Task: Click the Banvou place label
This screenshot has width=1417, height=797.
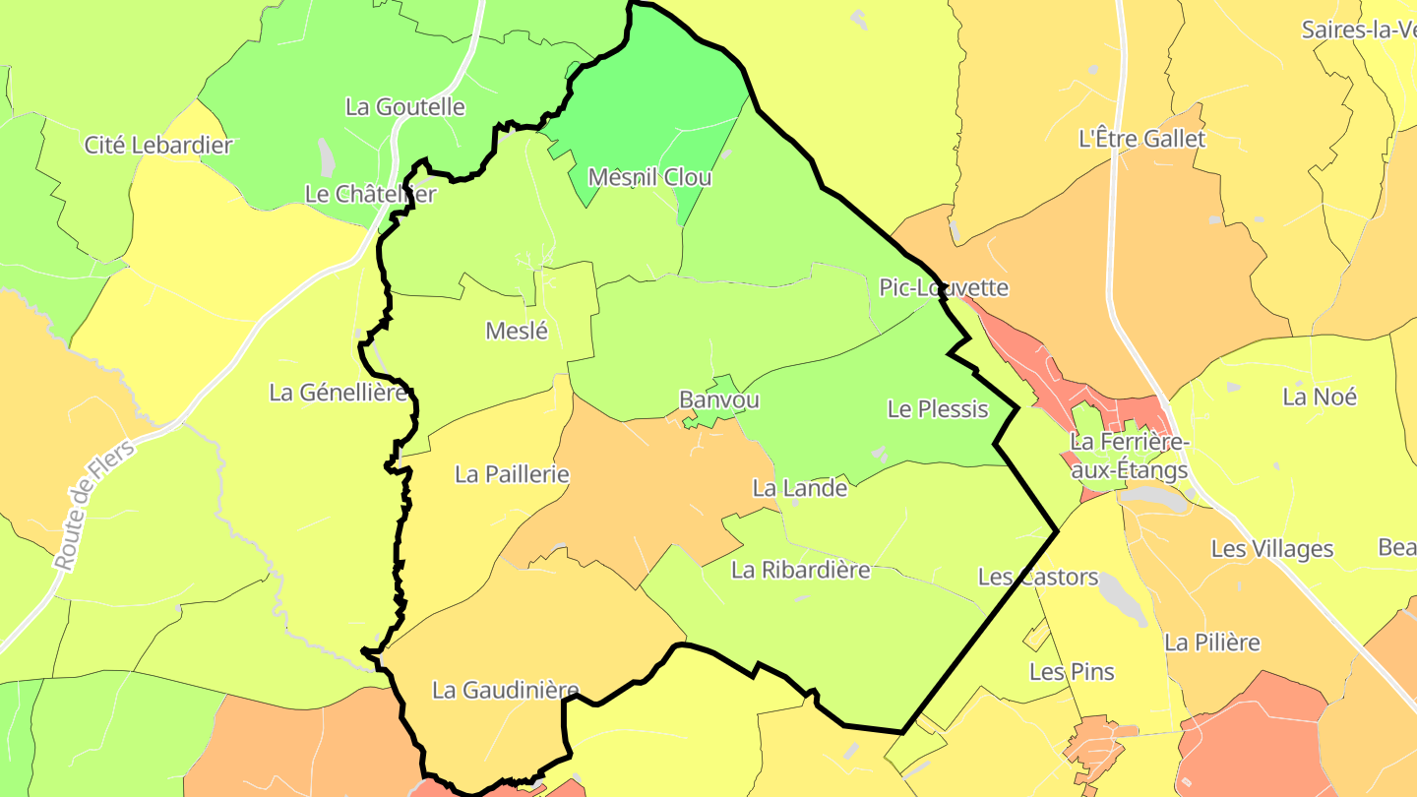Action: pos(719,400)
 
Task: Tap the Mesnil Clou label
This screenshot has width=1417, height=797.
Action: pos(649,177)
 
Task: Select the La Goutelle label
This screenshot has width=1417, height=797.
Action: pos(404,106)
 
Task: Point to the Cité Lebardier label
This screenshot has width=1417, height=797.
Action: pos(158,145)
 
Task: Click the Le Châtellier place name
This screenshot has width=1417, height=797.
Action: pos(370,194)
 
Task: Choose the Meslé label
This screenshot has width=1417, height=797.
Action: pos(517,331)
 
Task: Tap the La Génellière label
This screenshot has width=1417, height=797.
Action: pos(339,392)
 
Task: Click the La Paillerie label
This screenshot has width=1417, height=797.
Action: pos(512,474)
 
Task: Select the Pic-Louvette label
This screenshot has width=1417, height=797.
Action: pos(944,287)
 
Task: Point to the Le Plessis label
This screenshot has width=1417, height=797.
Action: pos(938,408)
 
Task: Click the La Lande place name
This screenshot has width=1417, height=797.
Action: pos(800,487)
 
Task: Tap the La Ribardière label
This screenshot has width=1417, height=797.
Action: pos(801,569)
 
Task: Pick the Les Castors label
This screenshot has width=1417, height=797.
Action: pos(1038,577)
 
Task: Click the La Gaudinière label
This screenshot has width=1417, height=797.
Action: pos(506,690)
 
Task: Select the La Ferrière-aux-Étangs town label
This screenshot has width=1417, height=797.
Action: pos(1130,457)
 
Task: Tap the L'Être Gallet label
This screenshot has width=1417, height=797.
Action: pos(1141,139)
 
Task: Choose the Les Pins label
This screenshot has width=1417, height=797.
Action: pos(1072,672)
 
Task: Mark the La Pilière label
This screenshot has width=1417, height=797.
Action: pos(1212,643)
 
